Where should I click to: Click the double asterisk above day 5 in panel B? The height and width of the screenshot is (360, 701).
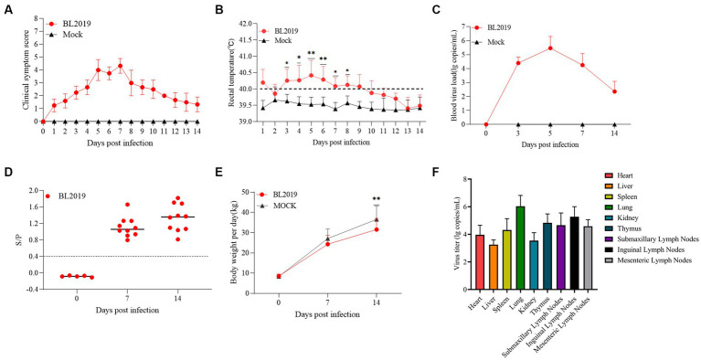[x=312, y=54]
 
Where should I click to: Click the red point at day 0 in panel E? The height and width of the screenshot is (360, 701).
[x=279, y=276]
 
